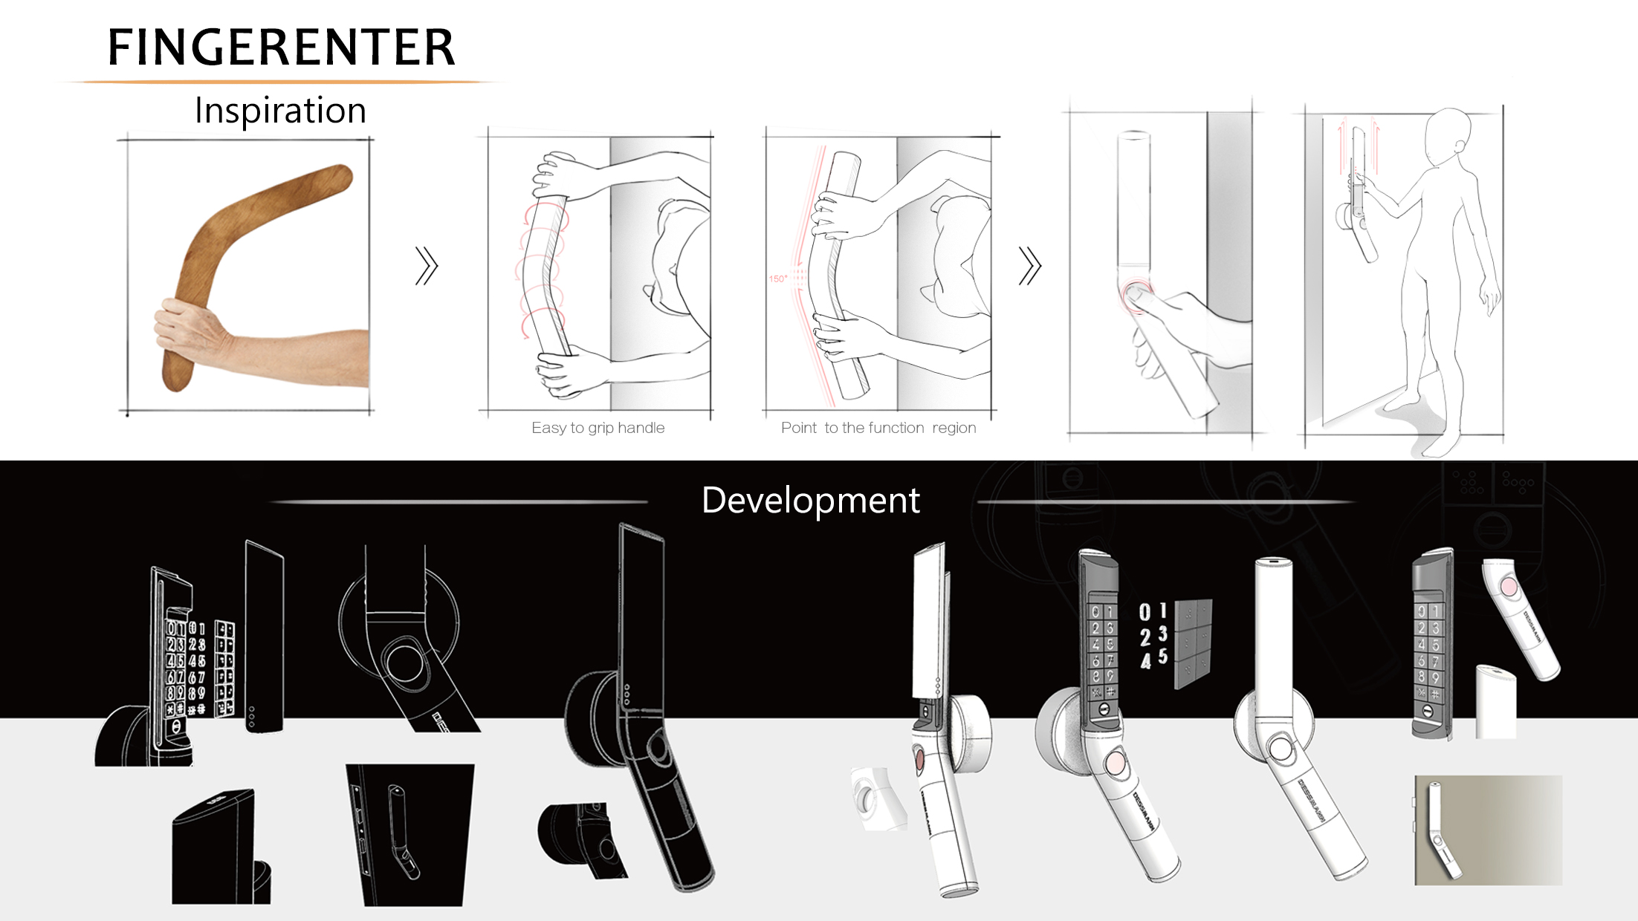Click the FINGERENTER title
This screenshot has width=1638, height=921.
coord(281,47)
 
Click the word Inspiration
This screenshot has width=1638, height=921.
coord(280,111)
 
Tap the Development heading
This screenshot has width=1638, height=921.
coord(810,500)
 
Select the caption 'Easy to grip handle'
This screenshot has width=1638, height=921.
coord(598,428)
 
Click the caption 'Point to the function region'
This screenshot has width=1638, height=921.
coord(878,428)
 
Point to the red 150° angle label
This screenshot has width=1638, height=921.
coord(777,279)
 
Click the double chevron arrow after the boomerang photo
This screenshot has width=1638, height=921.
coord(427,266)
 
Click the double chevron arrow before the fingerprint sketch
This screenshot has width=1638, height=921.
coord(1029,266)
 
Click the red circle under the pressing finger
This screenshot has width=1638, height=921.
coord(1135,294)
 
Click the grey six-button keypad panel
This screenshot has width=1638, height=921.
coord(1194,643)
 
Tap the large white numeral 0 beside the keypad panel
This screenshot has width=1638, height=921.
coord(1145,612)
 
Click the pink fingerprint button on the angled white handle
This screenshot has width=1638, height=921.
coord(1509,587)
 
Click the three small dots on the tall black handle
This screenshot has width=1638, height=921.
coord(627,695)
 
